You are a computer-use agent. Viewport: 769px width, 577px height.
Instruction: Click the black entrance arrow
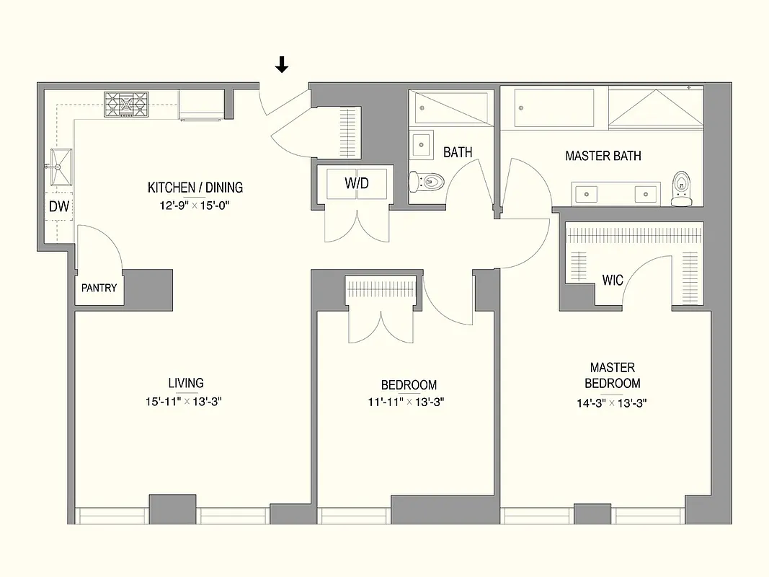click(x=282, y=65)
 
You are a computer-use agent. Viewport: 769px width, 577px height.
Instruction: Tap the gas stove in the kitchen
click(x=127, y=105)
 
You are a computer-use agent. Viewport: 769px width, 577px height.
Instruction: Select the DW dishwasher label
click(x=58, y=207)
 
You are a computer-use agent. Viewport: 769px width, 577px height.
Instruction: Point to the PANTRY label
click(x=99, y=288)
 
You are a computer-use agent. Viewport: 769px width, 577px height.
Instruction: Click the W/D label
click(x=356, y=183)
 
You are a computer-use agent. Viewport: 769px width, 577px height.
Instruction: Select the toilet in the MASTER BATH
click(x=680, y=189)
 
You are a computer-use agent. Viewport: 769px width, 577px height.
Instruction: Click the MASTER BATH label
click(x=603, y=156)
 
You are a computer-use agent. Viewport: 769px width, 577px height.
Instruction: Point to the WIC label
click(x=613, y=280)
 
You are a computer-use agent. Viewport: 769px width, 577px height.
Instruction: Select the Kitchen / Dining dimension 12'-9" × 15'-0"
click(x=195, y=205)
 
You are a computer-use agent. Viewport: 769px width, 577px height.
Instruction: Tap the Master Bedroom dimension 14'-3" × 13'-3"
click(x=612, y=403)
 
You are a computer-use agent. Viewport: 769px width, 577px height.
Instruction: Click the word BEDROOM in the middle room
click(x=409, y=385)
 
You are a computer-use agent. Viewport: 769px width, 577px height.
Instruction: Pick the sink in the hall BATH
click(x=422, y=145)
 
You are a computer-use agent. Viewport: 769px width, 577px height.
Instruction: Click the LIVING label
click(x=186, y=383)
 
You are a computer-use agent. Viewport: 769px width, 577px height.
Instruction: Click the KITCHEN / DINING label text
click(x=195, y=188)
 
